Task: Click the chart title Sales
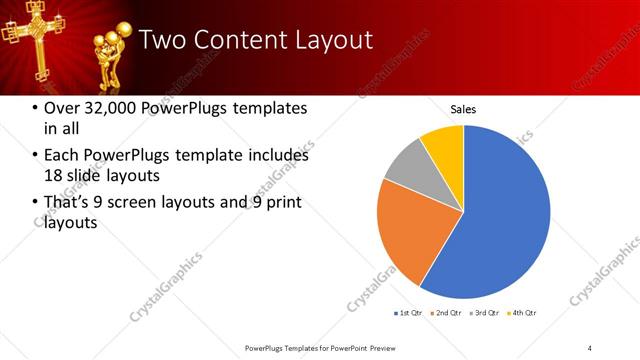(x=463, y=109)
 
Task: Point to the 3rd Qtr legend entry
(x=484, y=313)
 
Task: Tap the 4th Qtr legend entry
(x=523, y=313)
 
